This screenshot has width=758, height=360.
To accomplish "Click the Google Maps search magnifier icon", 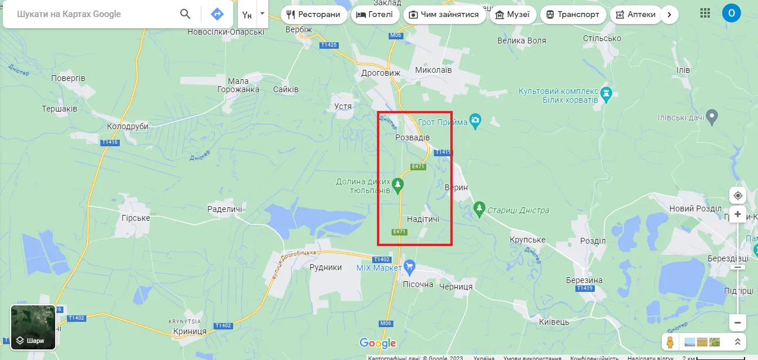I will point(185,14).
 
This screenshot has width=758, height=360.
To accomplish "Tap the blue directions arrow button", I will point(217,14).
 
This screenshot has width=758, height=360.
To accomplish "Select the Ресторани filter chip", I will point(313,15).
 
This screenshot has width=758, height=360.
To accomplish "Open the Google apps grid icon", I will point(705,13).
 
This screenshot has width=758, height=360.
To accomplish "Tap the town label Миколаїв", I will point(433,70).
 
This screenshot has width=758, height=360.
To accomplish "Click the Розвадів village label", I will point(412,137).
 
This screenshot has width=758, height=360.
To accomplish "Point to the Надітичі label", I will point(423,219).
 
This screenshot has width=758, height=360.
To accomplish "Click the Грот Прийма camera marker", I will point(476,122).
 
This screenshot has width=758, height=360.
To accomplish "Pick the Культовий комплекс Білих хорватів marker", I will point(607,93).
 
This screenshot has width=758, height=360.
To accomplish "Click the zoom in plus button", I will point(737,214).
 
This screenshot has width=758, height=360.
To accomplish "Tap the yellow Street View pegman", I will point(669,342).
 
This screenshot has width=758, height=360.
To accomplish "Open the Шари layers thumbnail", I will point(33,327).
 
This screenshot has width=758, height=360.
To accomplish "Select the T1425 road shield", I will point(329,45).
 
